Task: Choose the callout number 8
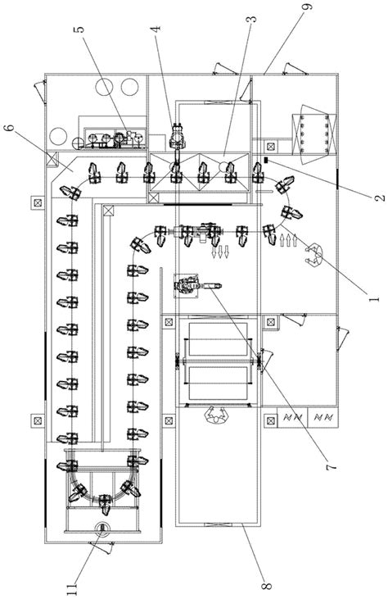pyautogui.click(x=266, y=585)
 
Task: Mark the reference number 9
pyautogui.click(x=308, y=7)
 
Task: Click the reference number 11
pyautogui.click(x=72, y=588)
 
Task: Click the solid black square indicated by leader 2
pyautogui.click(x=266, y=160)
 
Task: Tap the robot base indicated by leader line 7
pyautogui.click(x=186, y=285)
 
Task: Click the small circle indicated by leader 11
pyautogui.click(x=102, y=528)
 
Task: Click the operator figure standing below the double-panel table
pyautogui.click(x=216, y=415)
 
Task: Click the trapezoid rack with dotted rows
pyautogui.click(x=314, y=134)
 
